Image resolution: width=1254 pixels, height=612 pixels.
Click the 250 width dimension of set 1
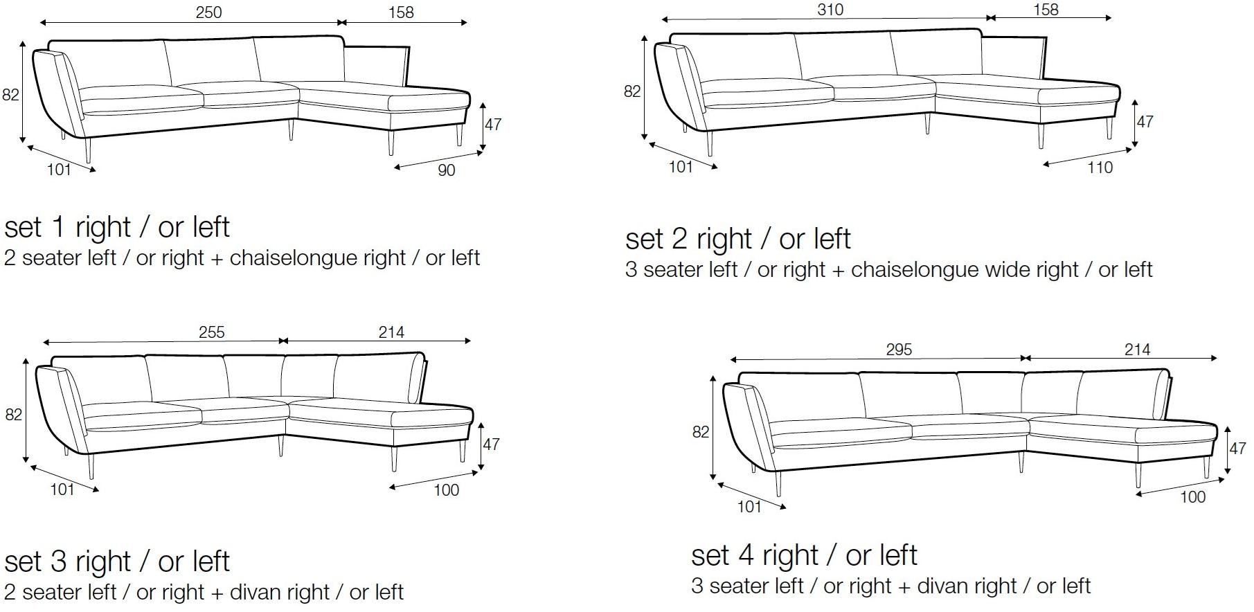[208, 12]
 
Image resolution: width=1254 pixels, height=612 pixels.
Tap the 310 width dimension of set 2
[830, 10]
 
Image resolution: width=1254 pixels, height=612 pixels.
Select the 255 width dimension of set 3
[212, 332]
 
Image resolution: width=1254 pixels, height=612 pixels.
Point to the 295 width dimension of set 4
[899, 350]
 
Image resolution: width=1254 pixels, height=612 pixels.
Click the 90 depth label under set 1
[447, 170]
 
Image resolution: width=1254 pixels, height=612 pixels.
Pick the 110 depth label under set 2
[1100, 168]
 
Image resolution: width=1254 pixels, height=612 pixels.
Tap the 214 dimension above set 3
[391, 332]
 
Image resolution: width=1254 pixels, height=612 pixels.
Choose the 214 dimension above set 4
[1138, 350]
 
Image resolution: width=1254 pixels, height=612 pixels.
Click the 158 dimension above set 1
[401, 12]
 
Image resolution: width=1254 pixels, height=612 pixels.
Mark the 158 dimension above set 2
[1046, 10]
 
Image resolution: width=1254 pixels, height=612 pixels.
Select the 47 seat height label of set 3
[491, 444]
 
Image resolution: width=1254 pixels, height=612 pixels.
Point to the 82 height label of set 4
[701, 432]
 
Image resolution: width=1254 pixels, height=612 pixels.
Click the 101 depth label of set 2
[681, 167]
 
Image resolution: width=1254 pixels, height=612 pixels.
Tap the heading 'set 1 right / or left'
[117, 227]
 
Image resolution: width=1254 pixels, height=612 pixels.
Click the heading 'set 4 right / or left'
[804, 555]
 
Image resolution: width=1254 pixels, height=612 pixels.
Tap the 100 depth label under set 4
[1192, 497]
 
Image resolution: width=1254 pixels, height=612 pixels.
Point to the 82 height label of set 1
[10, 95]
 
